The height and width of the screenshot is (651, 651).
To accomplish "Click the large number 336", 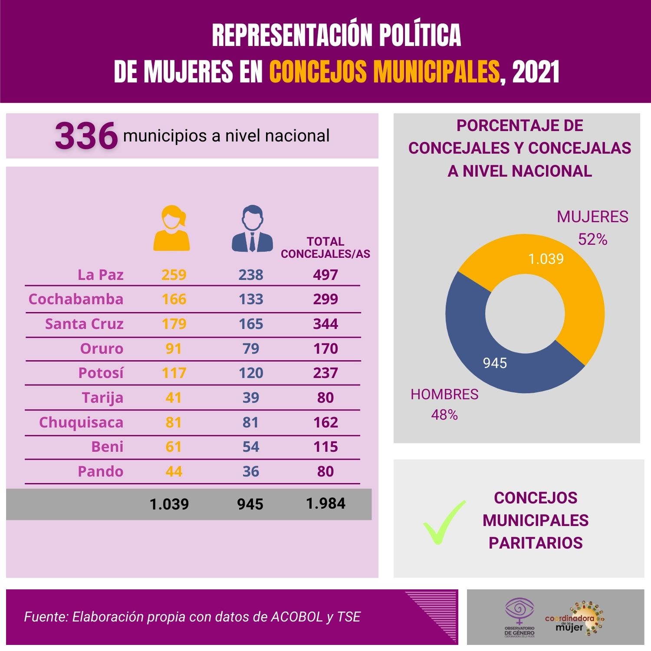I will (x=86, y=136).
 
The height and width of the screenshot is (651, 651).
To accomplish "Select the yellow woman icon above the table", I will (x=172, y=229).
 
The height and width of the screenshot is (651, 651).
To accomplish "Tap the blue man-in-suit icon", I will (x=252, y=229).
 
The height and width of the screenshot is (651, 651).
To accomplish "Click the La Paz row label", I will (x=100, y=275).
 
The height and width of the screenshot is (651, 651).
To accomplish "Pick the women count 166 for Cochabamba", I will (x=174, y=299).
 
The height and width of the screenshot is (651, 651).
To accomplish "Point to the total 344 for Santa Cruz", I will (x=325, y=324).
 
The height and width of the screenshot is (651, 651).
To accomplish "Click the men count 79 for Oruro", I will (x=251, y=349).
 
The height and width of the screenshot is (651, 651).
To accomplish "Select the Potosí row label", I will (x=101, y=373).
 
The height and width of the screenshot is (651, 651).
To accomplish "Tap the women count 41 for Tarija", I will (x=174, y=398).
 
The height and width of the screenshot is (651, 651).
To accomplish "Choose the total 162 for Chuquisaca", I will (x=325, y=422).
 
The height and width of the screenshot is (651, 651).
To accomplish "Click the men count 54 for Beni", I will (x=251, y=447).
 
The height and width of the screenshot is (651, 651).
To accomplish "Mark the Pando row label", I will (x=100, y=471).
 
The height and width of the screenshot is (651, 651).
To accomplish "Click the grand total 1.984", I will (x=325, y=503).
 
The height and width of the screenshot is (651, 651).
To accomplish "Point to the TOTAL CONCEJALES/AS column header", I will (x=325, y=248).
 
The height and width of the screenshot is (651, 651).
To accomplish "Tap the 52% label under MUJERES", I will (x=592, y=239).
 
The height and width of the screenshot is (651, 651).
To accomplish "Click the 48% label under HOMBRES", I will (x=444, y=415).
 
